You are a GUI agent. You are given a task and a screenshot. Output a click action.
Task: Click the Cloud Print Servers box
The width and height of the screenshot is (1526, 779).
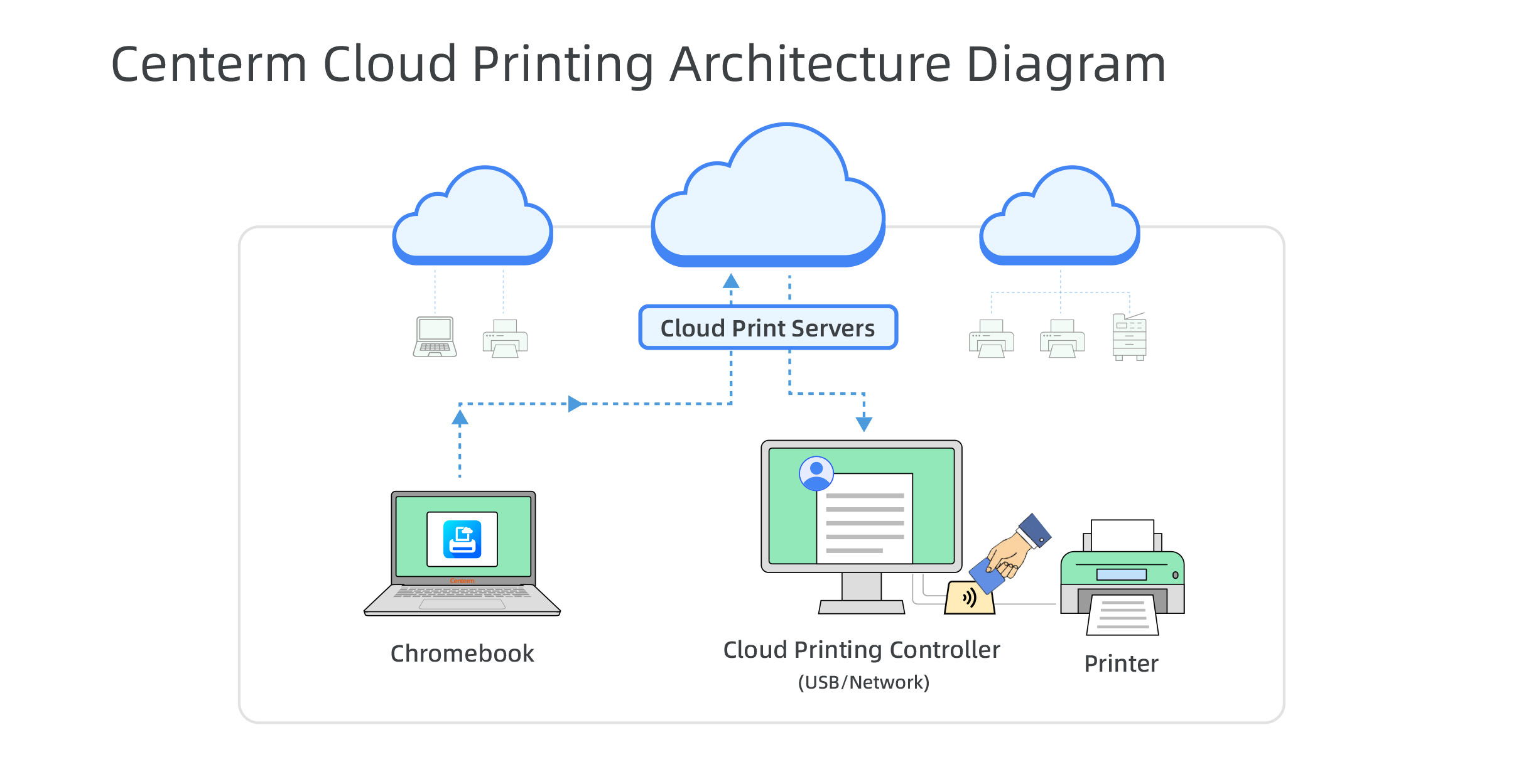pyautogui.click(x=767, y=328)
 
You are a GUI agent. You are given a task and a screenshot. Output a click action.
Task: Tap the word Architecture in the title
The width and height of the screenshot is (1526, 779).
pyautogui.click(x=810, y=64)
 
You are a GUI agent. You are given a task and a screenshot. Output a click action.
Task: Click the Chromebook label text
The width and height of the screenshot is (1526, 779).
pyautogui.click(x=462, y=653)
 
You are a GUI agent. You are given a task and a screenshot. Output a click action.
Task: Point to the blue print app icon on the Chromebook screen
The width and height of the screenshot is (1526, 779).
pyautogui.click(x=462, y=539)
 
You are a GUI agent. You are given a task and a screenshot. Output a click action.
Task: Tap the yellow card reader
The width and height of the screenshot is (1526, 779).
pyautogui.click(x=969, y=599)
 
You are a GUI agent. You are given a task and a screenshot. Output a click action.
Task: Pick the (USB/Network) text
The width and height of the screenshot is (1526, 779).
pyautogui.click(x=863, y=682)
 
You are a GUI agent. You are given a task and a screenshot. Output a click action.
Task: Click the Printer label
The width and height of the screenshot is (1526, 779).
pyautogui.click(x=1121, y=663)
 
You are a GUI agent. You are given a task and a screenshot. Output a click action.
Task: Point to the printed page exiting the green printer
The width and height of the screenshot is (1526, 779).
pyautogui.click(x=1123, y=615)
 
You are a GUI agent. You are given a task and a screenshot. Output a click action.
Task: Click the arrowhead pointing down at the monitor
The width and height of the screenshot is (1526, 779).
pyautogui.click(x=864, y=424)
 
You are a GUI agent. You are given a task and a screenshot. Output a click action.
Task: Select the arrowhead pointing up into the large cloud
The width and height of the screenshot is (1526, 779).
pyautogui.click(x=731, y=281)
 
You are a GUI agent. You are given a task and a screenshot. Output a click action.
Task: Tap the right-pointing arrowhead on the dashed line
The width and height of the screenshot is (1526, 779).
pyautogui.click(x=575, y=404)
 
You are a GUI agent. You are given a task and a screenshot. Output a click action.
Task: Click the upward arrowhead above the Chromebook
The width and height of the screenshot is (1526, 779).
pyautogui.click(x=460, y=417)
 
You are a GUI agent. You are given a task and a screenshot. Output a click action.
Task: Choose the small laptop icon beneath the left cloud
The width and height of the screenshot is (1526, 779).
pyautogui.click(x=435, y=337)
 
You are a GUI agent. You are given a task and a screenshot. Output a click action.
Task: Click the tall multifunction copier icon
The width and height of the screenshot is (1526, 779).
pyautogui.click(x=1129, y=337)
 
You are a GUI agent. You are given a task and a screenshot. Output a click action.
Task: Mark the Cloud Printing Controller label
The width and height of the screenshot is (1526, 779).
pyautogui.click(x=861, y=650)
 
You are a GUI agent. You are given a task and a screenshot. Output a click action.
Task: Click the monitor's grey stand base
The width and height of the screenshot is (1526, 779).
pyautogui.click(x=862, y=607)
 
